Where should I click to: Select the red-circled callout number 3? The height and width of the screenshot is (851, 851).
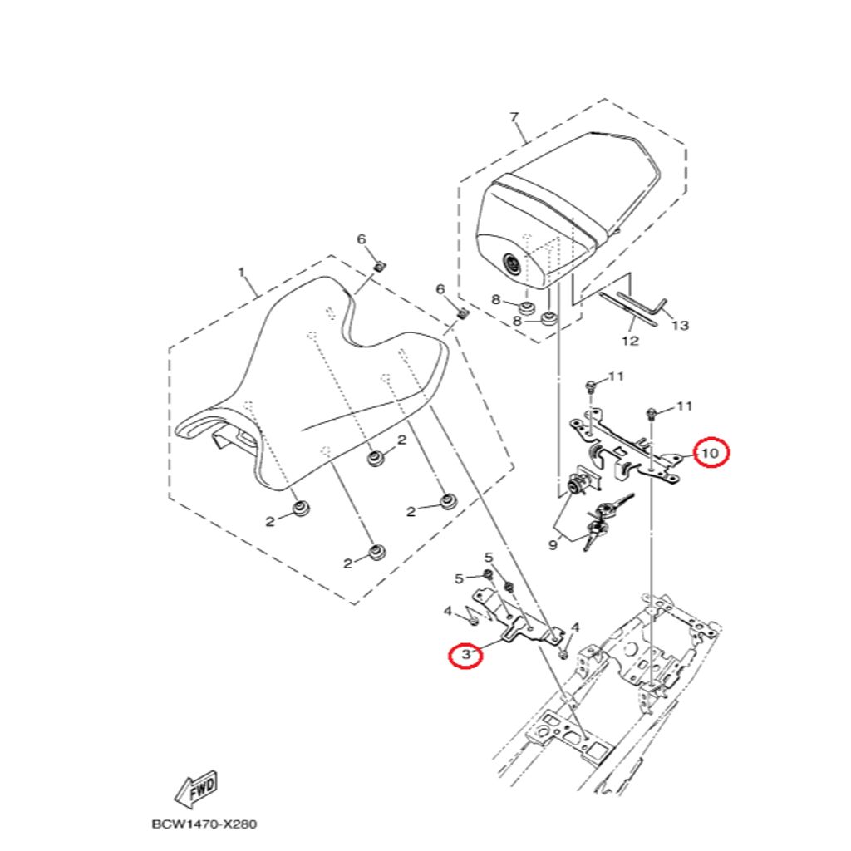tap(465, 655)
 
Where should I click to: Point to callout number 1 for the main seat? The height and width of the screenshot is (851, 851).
tap(242, 272)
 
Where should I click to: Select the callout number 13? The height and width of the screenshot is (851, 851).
tap(681, 326)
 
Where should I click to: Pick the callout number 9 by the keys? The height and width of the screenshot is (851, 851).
tap(553, 545)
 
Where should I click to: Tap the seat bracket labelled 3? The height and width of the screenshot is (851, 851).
tap(515, 619)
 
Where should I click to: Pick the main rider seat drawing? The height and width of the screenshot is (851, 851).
tap(316, 391)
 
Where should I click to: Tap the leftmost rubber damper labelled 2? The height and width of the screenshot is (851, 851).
tap(301, 508)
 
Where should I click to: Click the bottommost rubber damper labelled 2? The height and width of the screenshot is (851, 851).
tap(378, 552)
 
